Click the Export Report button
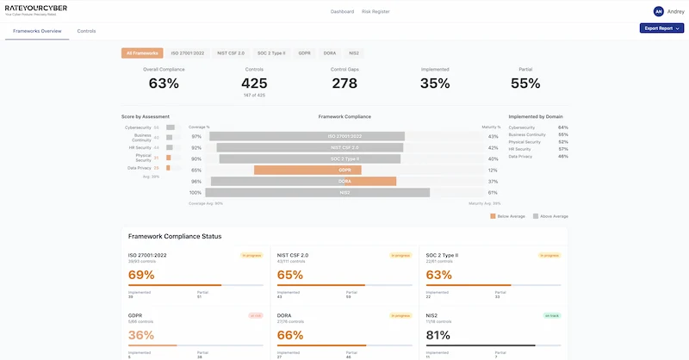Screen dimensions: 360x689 pos(661,28)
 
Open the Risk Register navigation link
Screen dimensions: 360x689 pos(376,12)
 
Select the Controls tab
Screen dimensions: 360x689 pos(86,31)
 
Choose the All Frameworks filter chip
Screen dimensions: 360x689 pos(140,53)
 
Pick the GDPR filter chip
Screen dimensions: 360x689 pos(304,53)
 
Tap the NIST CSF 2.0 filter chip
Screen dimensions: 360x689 pos(231,53)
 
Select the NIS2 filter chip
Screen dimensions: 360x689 pos(354,53)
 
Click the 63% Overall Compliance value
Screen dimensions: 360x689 pos(164,84)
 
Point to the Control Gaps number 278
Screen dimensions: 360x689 pos(344,84)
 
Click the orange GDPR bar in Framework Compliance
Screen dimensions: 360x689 pos(307,171)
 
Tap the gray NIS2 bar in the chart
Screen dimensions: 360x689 pos(344,193)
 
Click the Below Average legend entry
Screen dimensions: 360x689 pos(509,216)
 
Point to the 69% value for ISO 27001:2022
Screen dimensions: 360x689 pos(141,276)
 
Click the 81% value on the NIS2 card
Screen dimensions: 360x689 pos(438,335)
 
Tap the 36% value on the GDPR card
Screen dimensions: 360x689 pos(141,335)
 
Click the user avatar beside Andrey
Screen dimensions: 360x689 pos(659,11)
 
